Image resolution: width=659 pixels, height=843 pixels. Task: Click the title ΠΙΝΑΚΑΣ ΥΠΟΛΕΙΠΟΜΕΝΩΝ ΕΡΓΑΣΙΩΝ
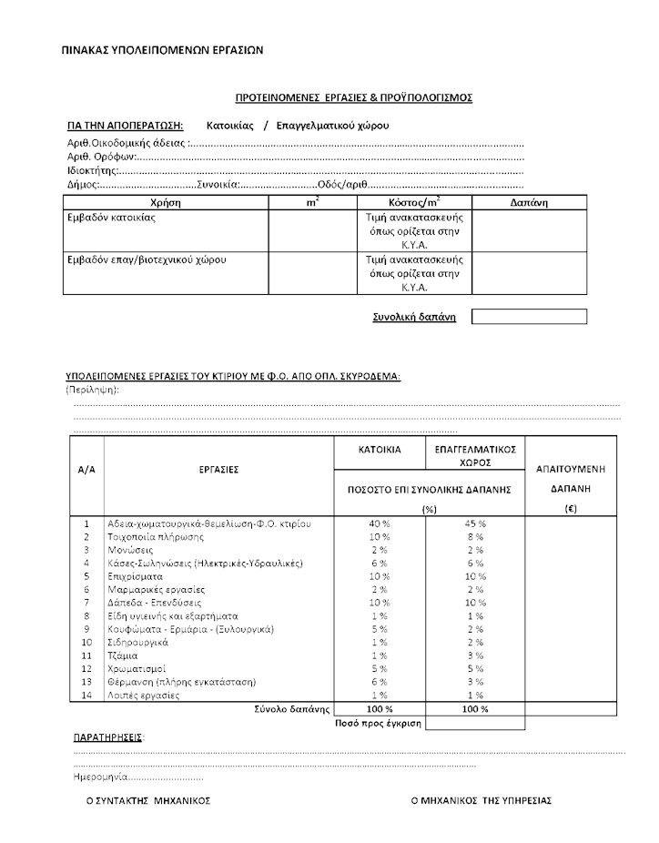click(x=162, y=50)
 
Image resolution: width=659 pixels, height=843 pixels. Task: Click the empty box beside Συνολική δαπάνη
click(x=529, y=317)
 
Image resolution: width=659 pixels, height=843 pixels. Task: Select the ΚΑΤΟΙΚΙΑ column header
click(x=380, y=450)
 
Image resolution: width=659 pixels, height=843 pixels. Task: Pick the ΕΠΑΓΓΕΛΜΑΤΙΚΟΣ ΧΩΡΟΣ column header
click(x=475, y=455)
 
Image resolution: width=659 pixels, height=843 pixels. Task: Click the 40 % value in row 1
click(x=380, y=524)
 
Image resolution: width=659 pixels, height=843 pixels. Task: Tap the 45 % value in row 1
click(x=475, y=524)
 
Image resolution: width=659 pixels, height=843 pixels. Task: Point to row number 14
click(x=87, y=696)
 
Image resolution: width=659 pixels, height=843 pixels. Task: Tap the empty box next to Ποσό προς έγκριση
click(x=475, y=723)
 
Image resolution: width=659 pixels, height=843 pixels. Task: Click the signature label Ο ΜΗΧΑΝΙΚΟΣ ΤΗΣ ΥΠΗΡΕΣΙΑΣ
click(x=481, y=801)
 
